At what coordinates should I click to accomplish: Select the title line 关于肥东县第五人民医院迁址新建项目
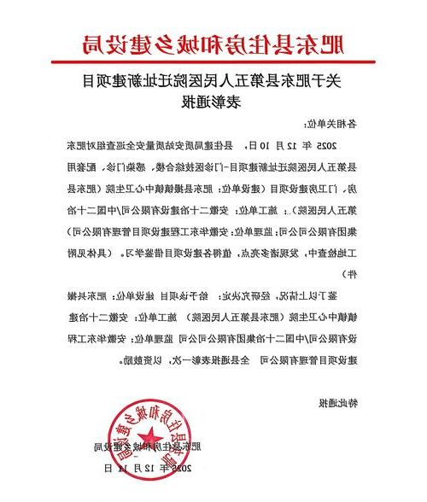click(x=213, y=84)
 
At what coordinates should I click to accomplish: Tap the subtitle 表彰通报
click(x=213, y=105)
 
